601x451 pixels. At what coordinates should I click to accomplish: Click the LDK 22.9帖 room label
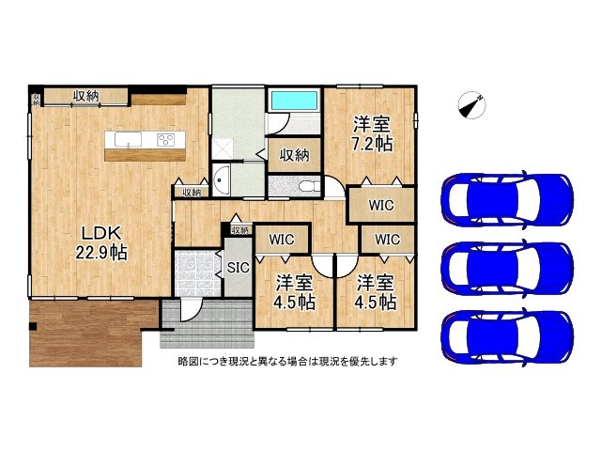(x=101, y=242)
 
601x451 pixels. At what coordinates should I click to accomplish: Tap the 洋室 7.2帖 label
(x=372, y=133)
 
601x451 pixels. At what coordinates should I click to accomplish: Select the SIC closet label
(x=238, y=267)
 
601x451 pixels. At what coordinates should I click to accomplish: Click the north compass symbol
(x=471, y=104)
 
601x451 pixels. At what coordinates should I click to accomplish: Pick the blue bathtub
(x=294, y=101)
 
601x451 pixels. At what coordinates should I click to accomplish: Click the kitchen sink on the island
(x=128, y=139)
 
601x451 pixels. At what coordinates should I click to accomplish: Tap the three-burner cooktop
(x=166, y=139)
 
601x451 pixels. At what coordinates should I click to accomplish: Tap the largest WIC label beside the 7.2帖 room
(x=381, y=205)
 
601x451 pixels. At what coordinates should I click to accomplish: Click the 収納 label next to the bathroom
(x=294, y=155)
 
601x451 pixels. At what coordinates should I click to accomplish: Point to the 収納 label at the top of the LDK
(x=86, y=96)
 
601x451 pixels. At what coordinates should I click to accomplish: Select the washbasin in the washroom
(x=221, y=180)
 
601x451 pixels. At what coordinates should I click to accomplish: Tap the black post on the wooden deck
(x=33, y=326)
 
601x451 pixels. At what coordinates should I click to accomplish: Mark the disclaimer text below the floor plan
(x=287, y=361)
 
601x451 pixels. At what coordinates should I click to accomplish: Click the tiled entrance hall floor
(x=197, y=273)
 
